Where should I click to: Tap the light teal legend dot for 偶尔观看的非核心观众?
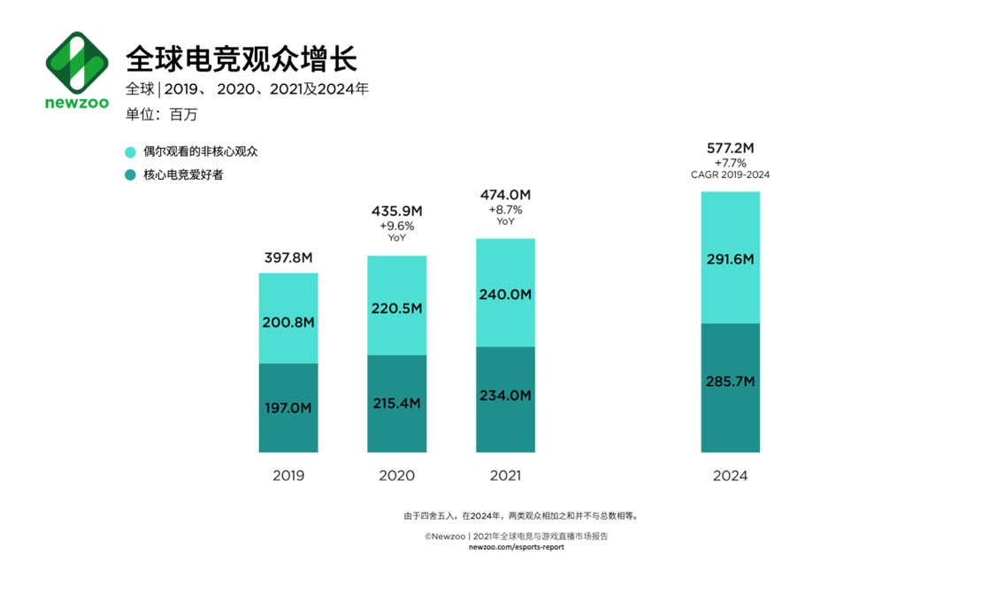pos(130,152)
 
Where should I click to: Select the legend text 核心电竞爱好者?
pos(183,175)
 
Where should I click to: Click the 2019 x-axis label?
pos(288,476)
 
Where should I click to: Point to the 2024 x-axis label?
pos(730,476)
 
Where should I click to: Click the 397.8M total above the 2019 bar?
pos(288,259)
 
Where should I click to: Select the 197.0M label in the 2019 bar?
pos(288,408)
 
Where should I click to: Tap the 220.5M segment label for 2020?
pos(396,309)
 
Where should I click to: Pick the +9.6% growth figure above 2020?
pos(396,226)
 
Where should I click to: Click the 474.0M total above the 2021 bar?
pos(505,195)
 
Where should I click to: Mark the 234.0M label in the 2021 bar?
pos(505,396)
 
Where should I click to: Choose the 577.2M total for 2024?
pos(730,148)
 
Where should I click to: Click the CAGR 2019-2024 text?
pos(730,175)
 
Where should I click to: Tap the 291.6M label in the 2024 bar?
pos(730,259)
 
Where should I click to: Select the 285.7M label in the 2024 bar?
pos(730,382)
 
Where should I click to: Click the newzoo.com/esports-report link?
pos(516,547)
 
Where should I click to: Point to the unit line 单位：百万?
pos(162,114)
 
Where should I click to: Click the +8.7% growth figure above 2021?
pos(505,210)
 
